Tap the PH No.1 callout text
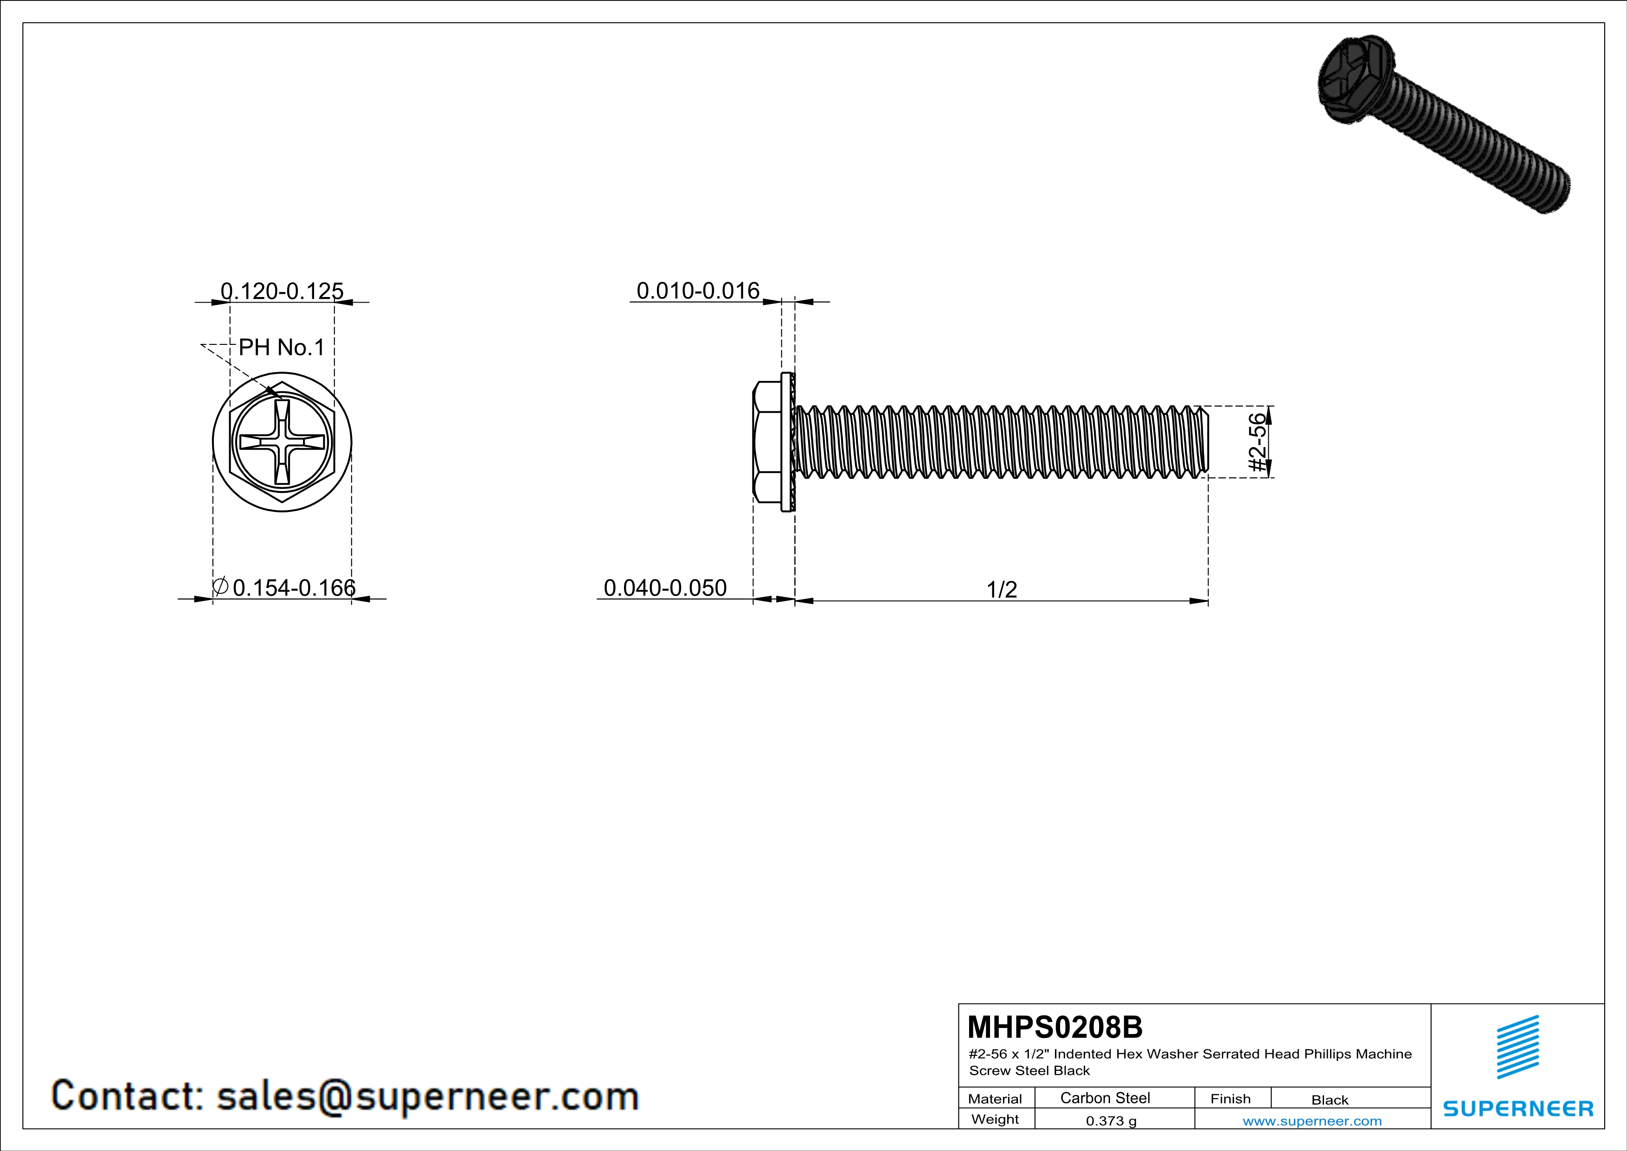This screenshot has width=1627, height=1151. (x=281, y=347)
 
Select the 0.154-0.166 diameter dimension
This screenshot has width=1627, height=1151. (x=293, y=588)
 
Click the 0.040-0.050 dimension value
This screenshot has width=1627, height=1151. (x=665, y=588)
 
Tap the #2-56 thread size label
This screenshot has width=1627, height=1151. (x=1256, y=442)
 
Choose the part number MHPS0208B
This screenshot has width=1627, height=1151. (x=1055, y=1027)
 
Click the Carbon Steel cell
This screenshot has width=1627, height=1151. (x=1105, y=1098)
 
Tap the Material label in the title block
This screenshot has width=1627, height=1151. (x=995, y=1099)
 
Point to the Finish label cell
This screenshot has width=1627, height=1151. (x=1230, y=1099)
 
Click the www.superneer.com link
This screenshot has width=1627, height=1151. (x=1312, y=1120)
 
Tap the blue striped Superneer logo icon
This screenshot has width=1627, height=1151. (x=1517, y=1047)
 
